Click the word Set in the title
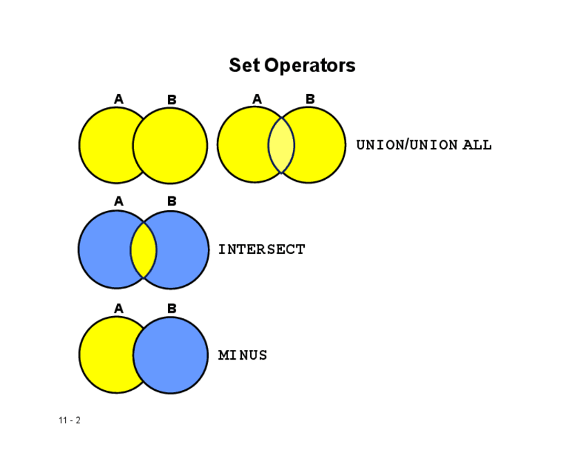[x=244, y=66]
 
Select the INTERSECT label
[x=261, y=250]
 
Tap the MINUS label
[x=243, y=355]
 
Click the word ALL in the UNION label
[x=477, y=145]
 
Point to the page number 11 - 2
[x=70, y=420]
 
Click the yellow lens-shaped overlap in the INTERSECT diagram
[x=144, y=250]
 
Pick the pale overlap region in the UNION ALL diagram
[x=281, y=145]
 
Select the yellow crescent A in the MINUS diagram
[x=104, y=355]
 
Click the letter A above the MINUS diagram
[x=119, y=308]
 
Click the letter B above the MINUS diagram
[x=172, y=308]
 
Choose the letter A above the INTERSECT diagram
[x=119, y=201]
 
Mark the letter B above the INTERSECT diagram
[x=172, y=201]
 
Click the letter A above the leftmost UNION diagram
[x=119, y=100]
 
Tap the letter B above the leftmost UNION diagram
[x=172, y=100]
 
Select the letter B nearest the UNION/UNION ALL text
[x=310, y=100]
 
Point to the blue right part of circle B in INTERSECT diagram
[x=183, y=250]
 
